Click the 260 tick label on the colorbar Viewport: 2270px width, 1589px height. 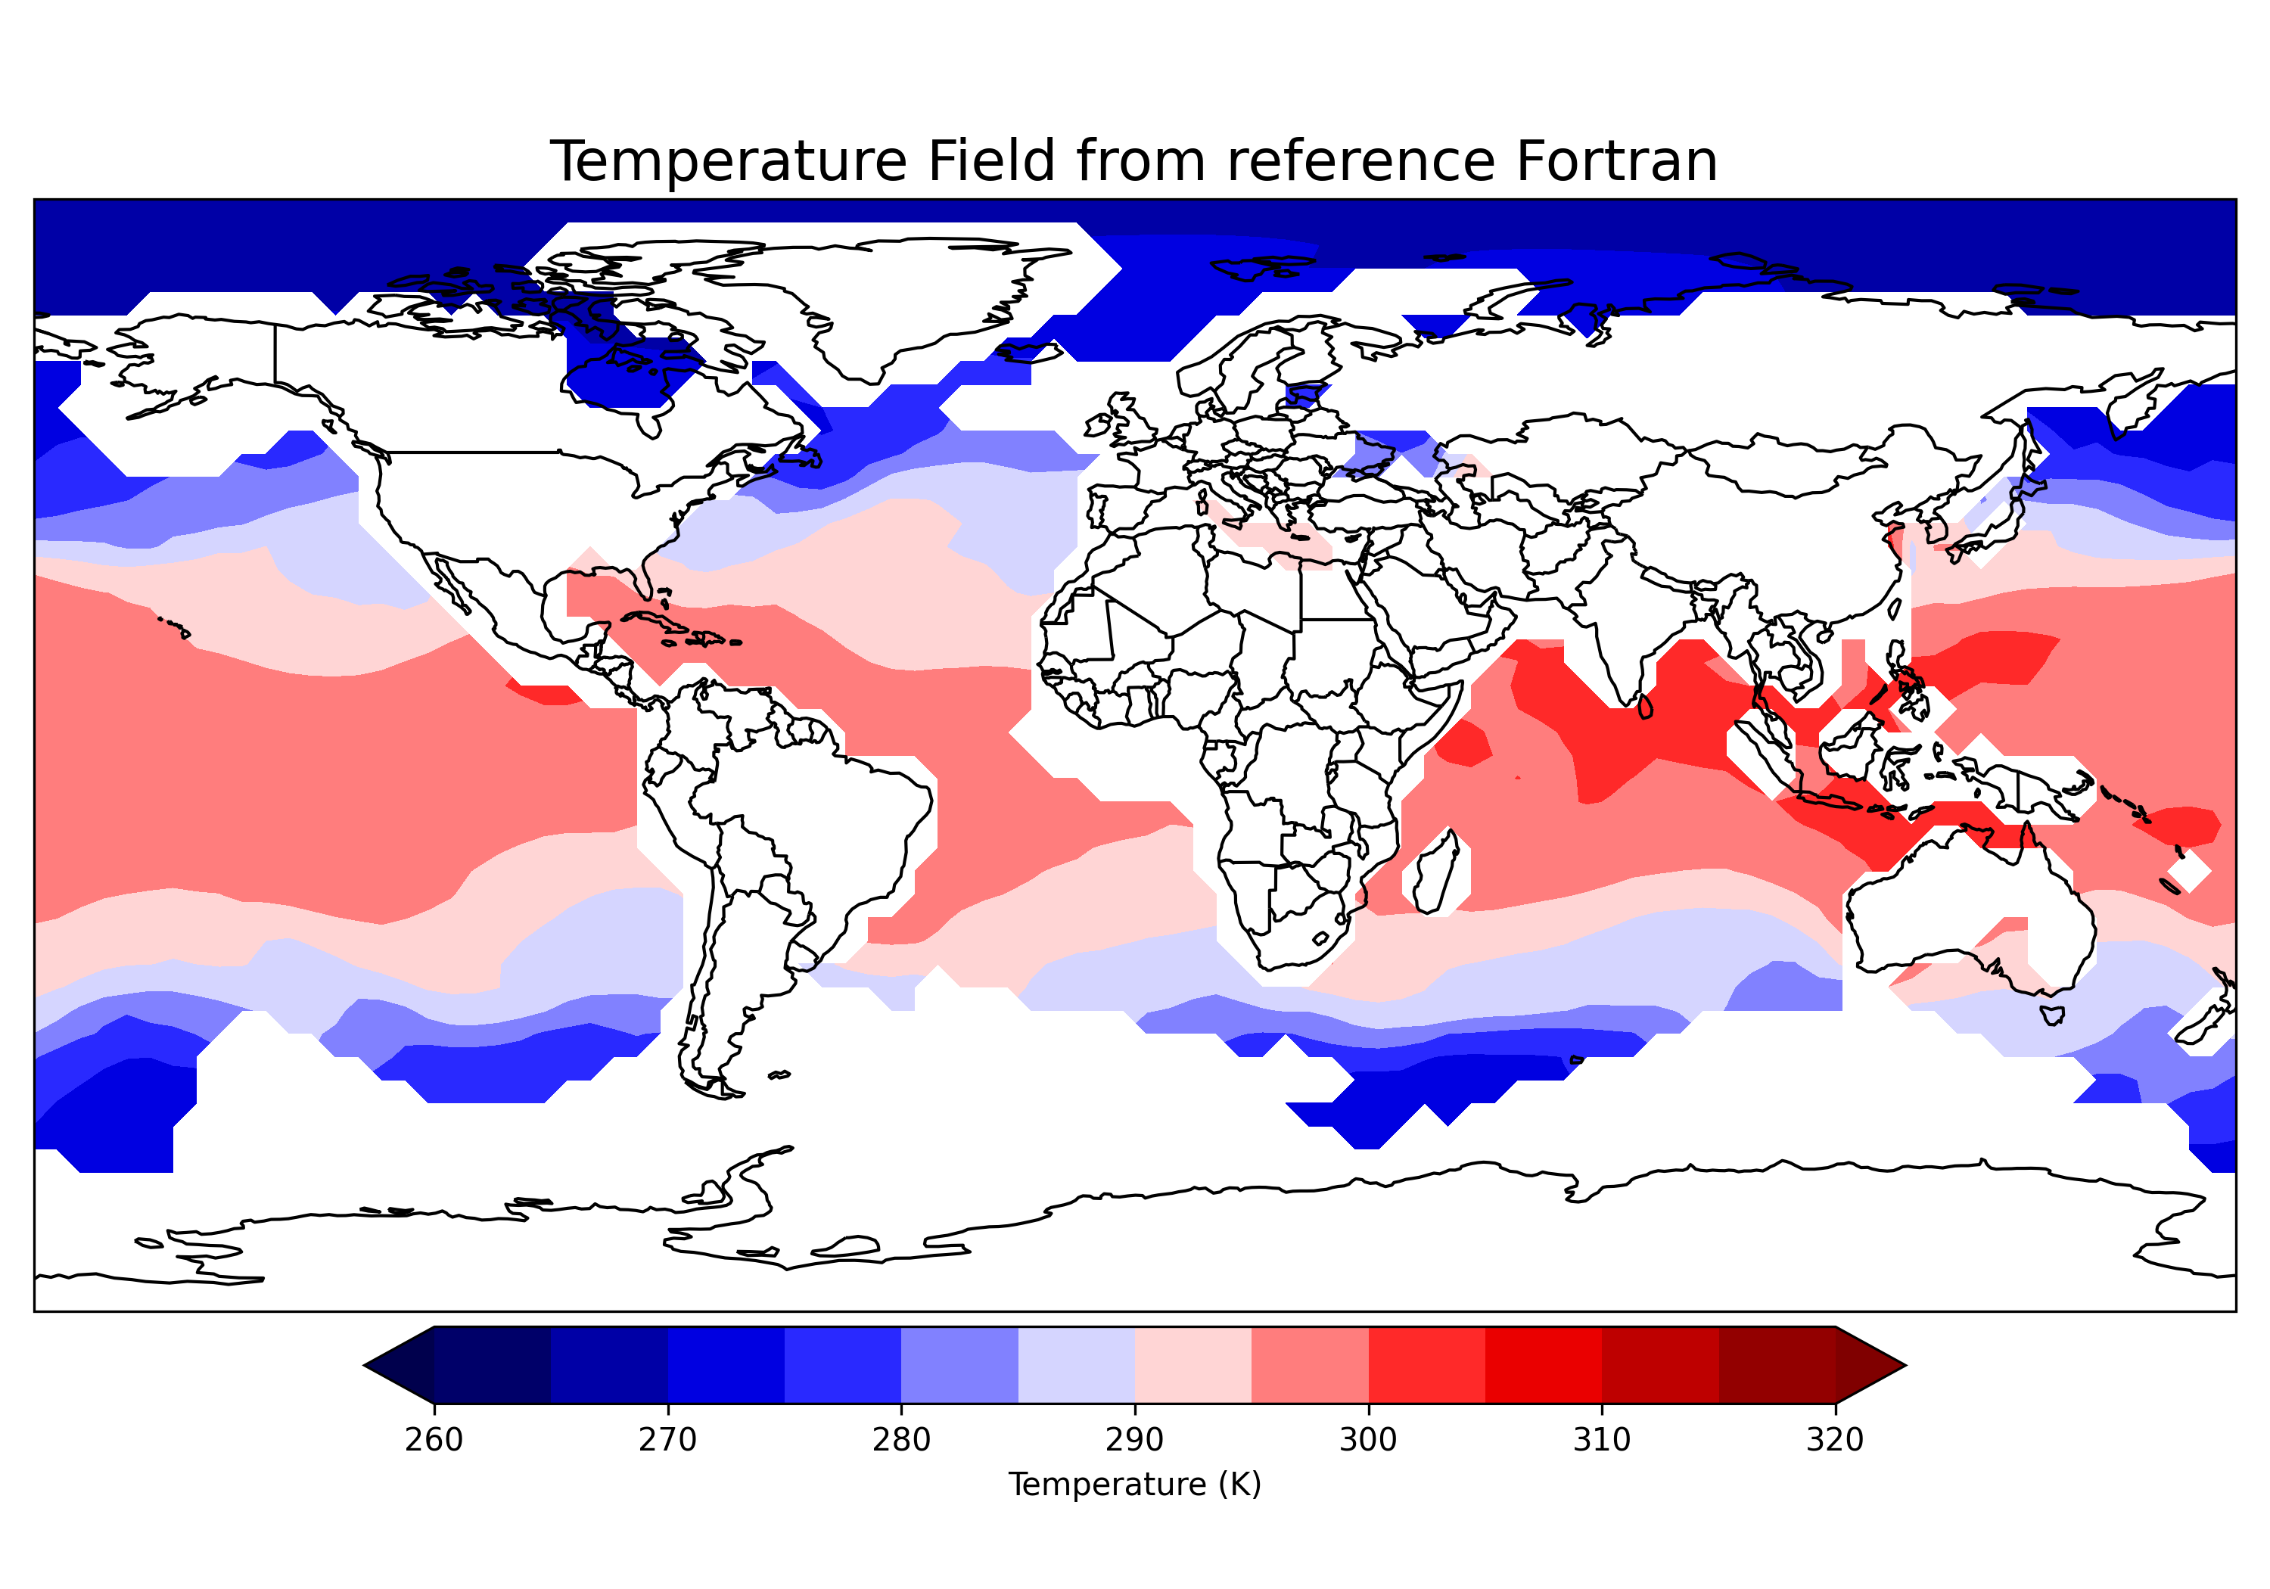434,1440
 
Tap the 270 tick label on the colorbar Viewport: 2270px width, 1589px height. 667,1440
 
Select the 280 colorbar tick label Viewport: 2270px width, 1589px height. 900,1440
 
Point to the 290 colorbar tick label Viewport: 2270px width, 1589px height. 1134,1440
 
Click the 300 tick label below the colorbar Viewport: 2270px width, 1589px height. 1368,1440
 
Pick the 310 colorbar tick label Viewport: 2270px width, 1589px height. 1602,1440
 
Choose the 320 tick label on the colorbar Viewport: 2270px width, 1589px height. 1835,1440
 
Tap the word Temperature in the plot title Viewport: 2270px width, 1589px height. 728,161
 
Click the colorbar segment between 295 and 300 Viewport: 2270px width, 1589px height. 1310,1366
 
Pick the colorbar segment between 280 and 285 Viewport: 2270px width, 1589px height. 959,1366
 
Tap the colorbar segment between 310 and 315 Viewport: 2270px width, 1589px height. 1660,1366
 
